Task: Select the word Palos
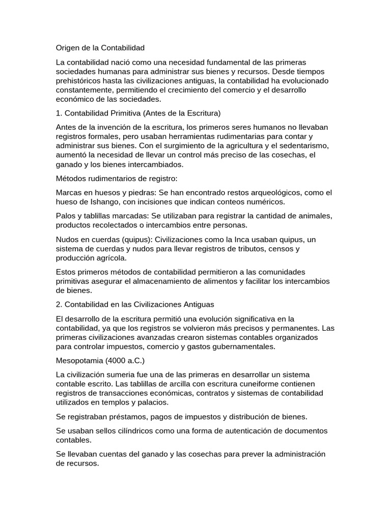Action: tap(66, 216)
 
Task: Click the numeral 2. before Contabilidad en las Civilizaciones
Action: tap(59, 304)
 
